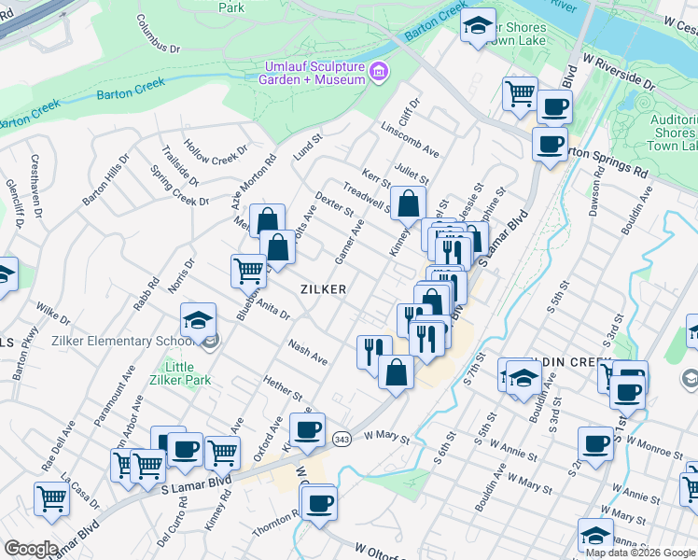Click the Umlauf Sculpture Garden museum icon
tap(378, 72)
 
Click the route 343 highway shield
tap(342, 439)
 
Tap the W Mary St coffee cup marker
tap(307, 431)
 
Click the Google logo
tap(31, 549)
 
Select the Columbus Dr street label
tap(157, 34)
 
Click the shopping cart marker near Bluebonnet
tap(248, 271)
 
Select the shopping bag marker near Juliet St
tap(408, 203)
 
